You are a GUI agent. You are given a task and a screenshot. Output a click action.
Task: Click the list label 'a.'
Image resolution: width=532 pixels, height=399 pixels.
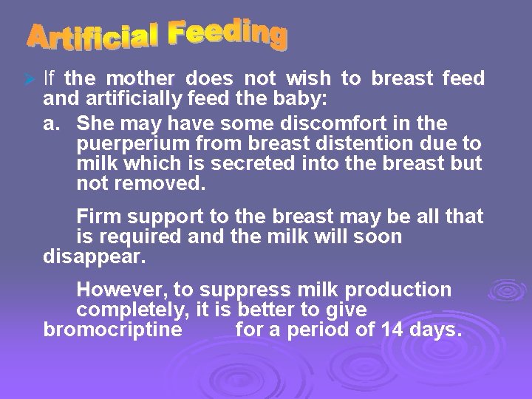pyautogui.click(x=52, y=121)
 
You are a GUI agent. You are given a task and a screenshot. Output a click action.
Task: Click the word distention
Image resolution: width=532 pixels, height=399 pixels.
pyautogui.click(x=343, y=142)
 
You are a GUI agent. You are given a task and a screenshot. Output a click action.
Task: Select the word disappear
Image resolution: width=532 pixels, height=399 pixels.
pyautogui.click(x=95, y=258)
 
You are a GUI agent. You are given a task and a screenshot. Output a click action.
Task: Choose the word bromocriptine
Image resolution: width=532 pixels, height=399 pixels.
pyautogui.click(x=112, y=330)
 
